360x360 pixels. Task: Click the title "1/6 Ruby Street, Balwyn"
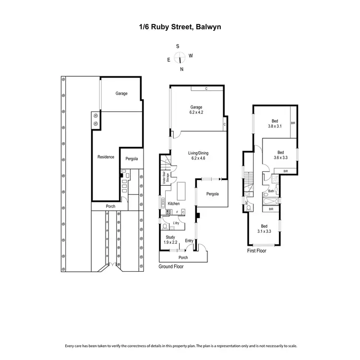tap(180, 27)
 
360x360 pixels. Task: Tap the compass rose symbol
tap(180, 58)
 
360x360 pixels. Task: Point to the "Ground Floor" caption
tap(171, 266)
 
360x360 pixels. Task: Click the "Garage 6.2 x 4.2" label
tap(196, 109)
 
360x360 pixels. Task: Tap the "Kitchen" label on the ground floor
tap(173, 204)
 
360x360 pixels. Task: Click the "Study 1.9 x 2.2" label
tap(171, 240)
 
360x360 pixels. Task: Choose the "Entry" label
tap(189, 240)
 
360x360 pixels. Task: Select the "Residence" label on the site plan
tap(106, 157)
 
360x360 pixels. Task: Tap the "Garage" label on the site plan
tap(121, 94)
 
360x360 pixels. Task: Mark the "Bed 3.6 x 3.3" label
tap(280, 155)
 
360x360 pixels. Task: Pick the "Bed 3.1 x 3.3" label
tap(264, 228)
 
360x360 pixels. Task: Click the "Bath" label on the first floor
tap(271, 191)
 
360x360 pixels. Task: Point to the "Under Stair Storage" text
tap(164, 179)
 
